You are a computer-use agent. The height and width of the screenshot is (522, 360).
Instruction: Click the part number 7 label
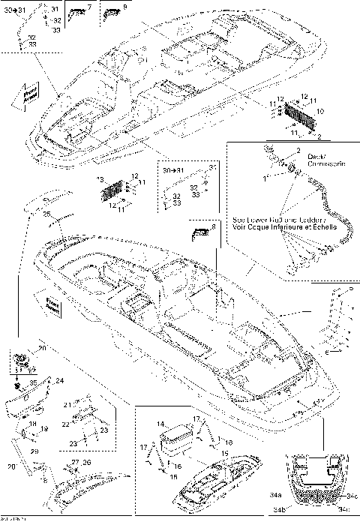pos(91,7)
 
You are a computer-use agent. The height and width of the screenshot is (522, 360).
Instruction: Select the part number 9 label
pos(124,7)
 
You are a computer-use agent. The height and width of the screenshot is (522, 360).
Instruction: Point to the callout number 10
pos(321,111)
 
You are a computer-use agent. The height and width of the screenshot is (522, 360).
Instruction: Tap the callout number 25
pos(46,214)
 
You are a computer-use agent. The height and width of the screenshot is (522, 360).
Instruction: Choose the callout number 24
pos(60,380)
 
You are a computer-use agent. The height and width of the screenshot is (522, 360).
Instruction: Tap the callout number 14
pos(160,424)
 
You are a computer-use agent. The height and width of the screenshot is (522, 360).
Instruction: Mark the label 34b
pos(301,510)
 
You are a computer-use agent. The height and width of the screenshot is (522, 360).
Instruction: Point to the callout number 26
pos(86,463)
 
